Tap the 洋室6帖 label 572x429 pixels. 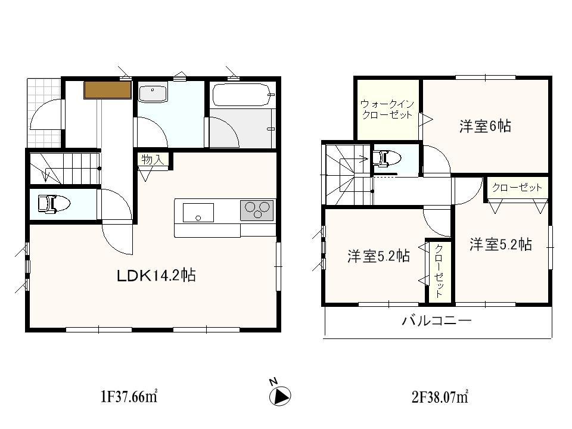[485, 126]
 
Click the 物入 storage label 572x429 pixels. [152, 159]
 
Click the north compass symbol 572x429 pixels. [280, 395]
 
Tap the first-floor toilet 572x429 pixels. [54, 204]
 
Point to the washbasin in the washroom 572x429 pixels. [154, 94]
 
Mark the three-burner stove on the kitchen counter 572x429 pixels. [257, 210]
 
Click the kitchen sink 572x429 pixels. [198, 212]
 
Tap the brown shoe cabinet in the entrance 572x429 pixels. [107, 90]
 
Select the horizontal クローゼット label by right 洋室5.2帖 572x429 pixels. [517, 188]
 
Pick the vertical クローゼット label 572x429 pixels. [439, 271]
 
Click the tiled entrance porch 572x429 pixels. [43, 113]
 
